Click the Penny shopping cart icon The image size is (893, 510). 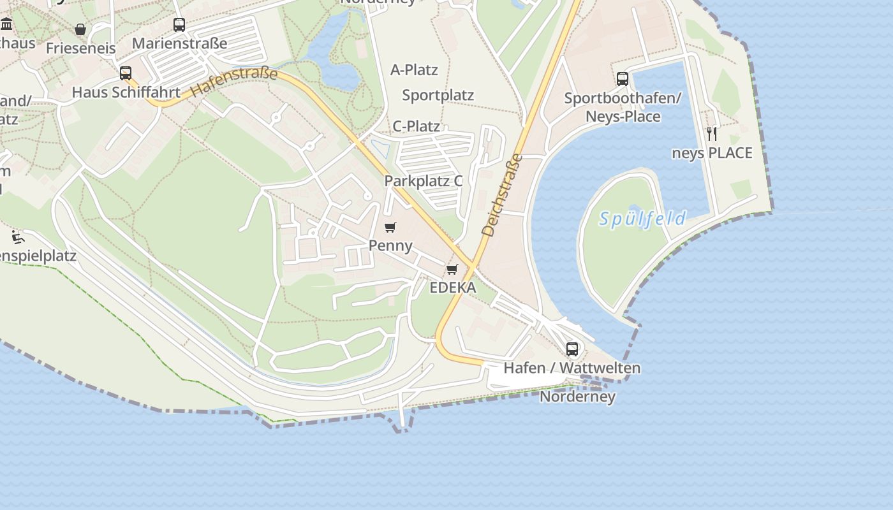point(390,227)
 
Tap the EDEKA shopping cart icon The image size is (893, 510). point(452,269)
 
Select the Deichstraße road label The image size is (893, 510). point(502,195)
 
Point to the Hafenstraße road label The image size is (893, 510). point(235,82)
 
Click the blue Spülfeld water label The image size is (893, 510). point(642,219)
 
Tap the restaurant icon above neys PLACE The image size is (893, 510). point(712,133)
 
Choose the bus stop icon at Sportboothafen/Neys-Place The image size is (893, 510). point(623,79)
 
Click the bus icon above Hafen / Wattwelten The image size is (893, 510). point(572,349)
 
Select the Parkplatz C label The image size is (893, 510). point(424,181)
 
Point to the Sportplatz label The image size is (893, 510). point(438,96)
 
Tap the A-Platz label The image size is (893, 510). point(414,69)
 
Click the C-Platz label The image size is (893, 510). point(416,126)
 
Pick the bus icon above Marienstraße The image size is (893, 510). point(179,25)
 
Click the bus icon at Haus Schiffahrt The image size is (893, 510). point(126,73)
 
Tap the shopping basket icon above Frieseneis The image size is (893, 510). point(80,29)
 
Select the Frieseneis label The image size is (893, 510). point(81,48)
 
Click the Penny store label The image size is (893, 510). point(390,245)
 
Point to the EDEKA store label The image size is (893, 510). point(453,288)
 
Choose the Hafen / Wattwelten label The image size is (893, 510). point(572,368)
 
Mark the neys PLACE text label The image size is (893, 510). point(712,153)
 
